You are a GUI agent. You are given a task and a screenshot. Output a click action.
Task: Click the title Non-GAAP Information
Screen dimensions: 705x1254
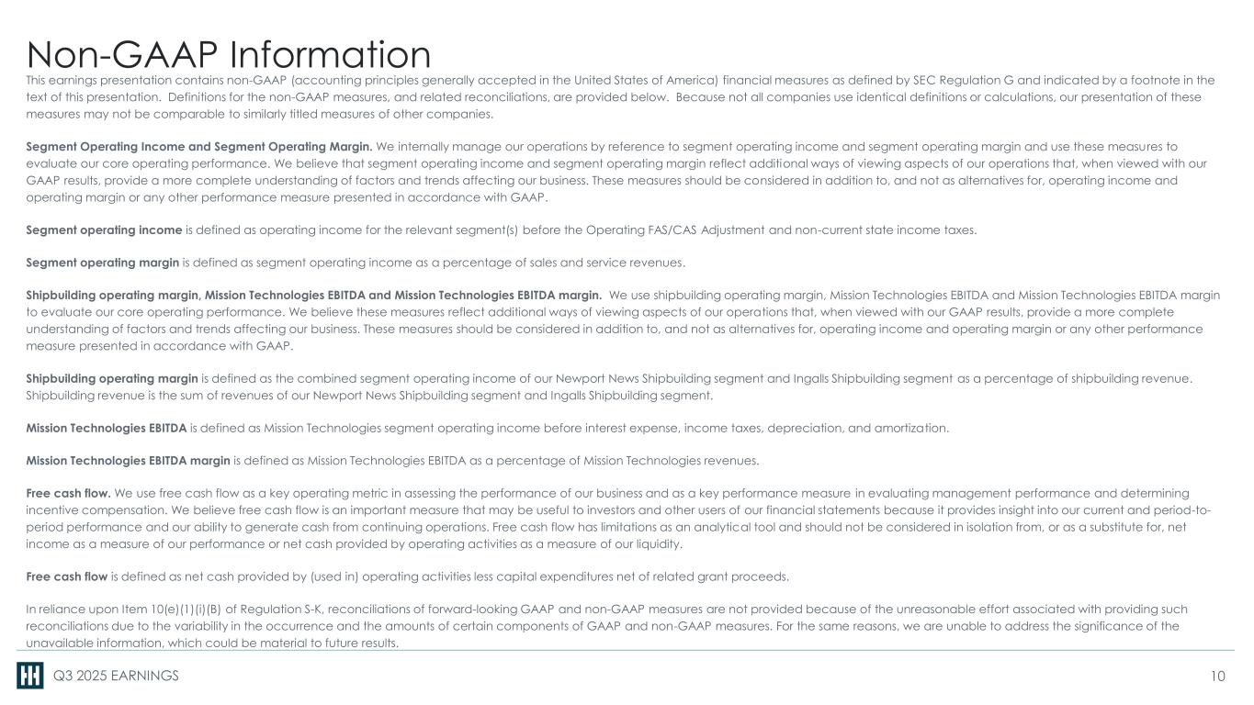point(229,54)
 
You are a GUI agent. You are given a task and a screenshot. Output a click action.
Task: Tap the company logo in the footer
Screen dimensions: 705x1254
point(29,677)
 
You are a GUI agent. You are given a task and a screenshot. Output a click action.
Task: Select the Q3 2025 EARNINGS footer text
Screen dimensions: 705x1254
point(116,677)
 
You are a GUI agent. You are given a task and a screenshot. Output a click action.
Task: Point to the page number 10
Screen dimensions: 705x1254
point(1218,677)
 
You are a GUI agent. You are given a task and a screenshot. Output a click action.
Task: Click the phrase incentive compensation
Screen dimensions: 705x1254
point(87,510)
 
